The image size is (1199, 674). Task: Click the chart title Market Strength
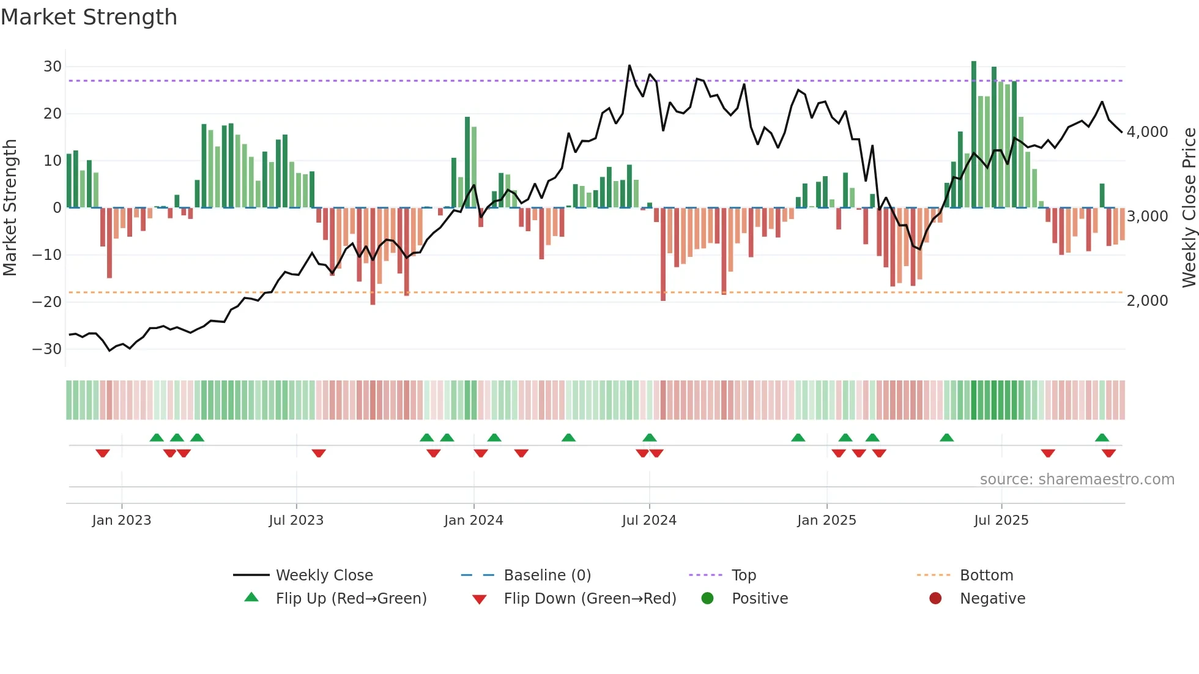89,17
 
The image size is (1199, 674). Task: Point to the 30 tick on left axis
53,67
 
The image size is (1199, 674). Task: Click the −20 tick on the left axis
47,302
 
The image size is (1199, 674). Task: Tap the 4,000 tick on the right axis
1147,132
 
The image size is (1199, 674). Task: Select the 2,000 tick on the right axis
1147,301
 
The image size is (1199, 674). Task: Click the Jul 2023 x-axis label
296,520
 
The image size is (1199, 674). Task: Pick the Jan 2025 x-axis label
826,520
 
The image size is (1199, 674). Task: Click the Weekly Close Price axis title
1189,207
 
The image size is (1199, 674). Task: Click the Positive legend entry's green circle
708,599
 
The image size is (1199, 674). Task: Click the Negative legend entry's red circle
935,599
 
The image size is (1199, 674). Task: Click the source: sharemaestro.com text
1077,480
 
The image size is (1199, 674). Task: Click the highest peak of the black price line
629,65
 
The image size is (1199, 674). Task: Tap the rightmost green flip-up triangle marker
1102,438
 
